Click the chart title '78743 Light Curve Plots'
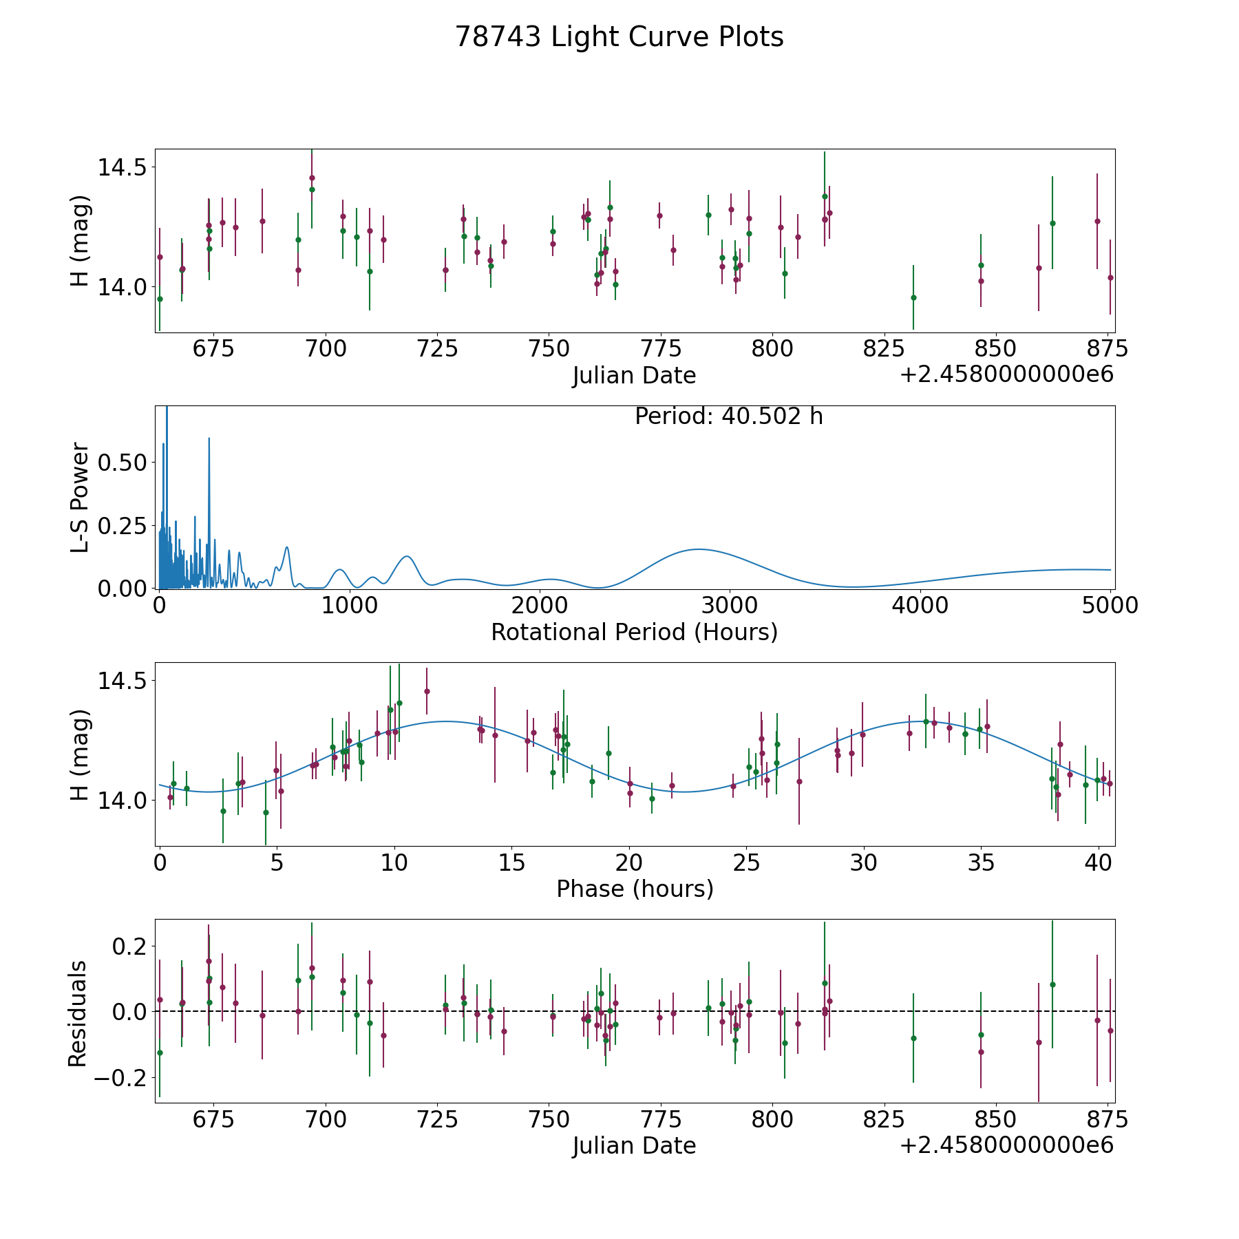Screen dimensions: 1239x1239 click(x=619, y=37)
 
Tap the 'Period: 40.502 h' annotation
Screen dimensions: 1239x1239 click(x=728, y=416)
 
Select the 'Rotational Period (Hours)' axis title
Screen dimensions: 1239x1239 click(x=634, y=632)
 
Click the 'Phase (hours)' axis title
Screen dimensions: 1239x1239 click(x=634, y=889)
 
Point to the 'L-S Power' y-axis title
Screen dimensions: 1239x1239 click(x=80, y=497)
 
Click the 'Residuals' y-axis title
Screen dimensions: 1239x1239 click(x=77, y=1013)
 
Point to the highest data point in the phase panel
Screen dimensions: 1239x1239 click(x=427, y=691)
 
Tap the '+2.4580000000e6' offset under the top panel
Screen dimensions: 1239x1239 click(x=1006, y=375)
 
